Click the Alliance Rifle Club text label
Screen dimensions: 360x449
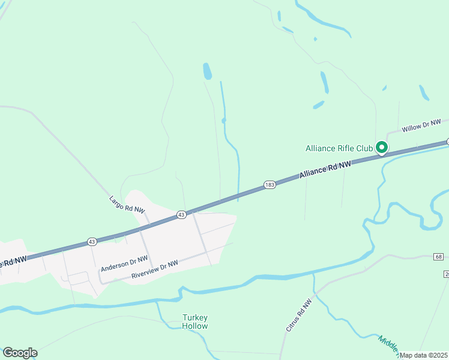click(339, 148)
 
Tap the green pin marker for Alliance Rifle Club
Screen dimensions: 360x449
click(381, 147)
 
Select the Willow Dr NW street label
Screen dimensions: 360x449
click(421, 125)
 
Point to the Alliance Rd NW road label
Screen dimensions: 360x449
click(325, 169)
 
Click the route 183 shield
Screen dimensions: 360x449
click(270, 185)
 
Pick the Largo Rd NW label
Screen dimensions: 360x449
click(127, 205)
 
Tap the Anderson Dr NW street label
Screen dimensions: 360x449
click(124, 263)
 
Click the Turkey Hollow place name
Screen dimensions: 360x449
click(195, 322)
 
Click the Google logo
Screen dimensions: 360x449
click(20, 353)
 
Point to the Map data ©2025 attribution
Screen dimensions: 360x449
click(423, 355)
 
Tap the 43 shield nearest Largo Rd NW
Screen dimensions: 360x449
click(181, 214)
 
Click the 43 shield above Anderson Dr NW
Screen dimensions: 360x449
click(91, 241)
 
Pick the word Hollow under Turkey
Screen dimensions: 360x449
click(195, 326)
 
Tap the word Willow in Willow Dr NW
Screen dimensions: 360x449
click(412, 128)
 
